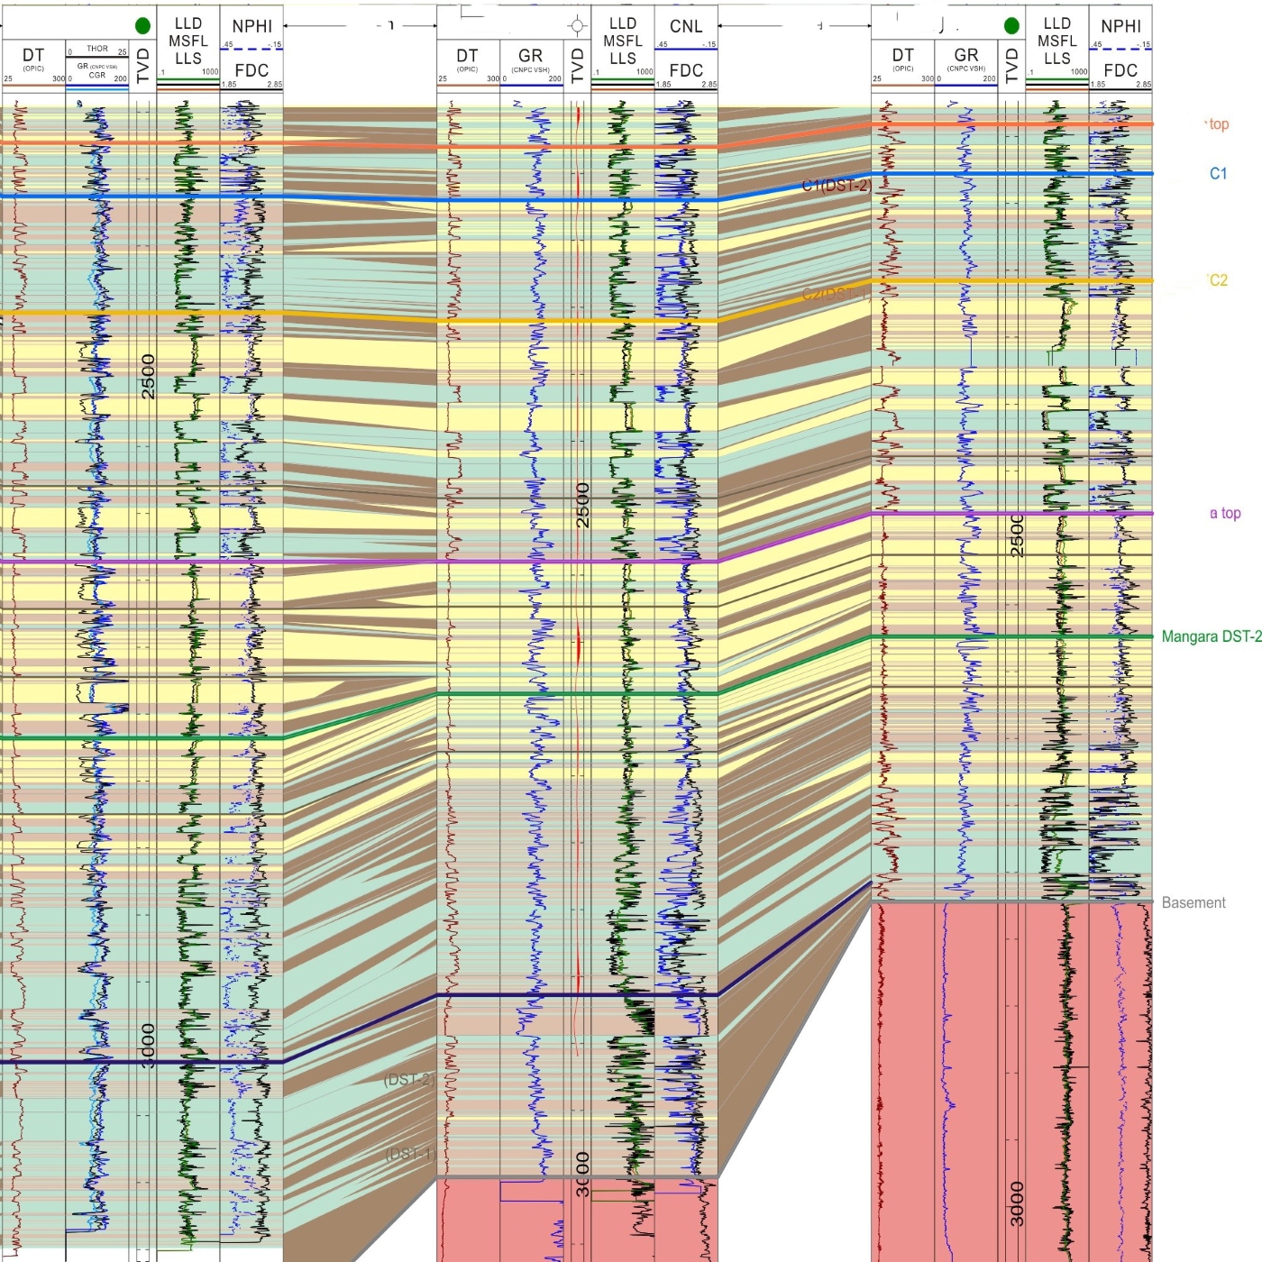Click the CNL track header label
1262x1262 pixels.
click(x=686, y=26)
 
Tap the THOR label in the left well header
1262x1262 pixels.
click(x=97, y=49)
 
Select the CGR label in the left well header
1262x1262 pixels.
click(x=97, y=76)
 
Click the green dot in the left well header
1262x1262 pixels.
click(x=142, y=25)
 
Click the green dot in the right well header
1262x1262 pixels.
click(x=1011, y=25)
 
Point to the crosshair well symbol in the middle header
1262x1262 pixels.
click(x=577, y=26)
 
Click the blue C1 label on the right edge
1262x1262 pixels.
click(x=1218, y=173)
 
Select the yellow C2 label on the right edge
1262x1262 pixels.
click(x=1218, y=280)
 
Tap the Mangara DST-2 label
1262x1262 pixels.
click(x=1211, y=636)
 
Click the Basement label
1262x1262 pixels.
click(x=1193, y=902)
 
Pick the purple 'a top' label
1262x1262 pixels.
click(x=1225, y=513)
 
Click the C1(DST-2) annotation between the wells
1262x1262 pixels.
click(x=837, y=186)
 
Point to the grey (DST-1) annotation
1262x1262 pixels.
click(x=410, y=1154)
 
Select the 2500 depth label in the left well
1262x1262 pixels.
click(x=149, y=376)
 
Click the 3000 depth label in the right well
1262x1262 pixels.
click(x=1017, y=1203)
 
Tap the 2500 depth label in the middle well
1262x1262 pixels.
click(x=583, y=505)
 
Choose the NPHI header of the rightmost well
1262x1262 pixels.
click(x=1120, y=26)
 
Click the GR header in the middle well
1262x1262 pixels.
click(x=530, y=56)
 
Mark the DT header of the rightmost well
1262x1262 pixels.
click(x=902, y=56)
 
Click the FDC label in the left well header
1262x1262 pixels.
click(x=251, y=70)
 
